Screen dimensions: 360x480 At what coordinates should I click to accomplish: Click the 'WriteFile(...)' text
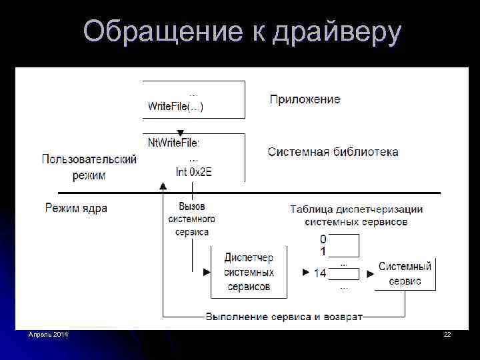point(175,106)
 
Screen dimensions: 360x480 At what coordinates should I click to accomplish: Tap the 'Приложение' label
point(305,99)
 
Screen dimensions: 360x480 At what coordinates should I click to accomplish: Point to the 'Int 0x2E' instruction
point(193,172)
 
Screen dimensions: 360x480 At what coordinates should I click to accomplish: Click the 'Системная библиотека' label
point(333,152)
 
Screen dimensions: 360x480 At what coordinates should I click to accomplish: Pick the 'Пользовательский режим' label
point(89,167)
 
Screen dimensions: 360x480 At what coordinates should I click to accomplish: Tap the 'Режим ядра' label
point(76,208)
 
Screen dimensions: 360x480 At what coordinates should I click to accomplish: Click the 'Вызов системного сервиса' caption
point(192,219)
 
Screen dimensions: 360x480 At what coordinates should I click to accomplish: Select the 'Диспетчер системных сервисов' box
point(249,272)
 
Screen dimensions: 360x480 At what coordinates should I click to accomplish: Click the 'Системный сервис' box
point(405,273)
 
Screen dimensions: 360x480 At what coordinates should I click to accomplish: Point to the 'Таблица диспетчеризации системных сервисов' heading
point(356,215)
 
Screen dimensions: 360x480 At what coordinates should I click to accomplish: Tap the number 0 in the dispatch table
point(323,239)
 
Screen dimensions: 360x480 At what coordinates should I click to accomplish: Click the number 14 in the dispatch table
point(319,273)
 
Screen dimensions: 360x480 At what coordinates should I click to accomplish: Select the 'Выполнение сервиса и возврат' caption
point(284,316)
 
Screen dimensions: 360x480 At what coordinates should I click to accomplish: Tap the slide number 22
point(447,333)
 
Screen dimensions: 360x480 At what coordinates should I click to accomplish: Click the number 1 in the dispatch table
point(323,251)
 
